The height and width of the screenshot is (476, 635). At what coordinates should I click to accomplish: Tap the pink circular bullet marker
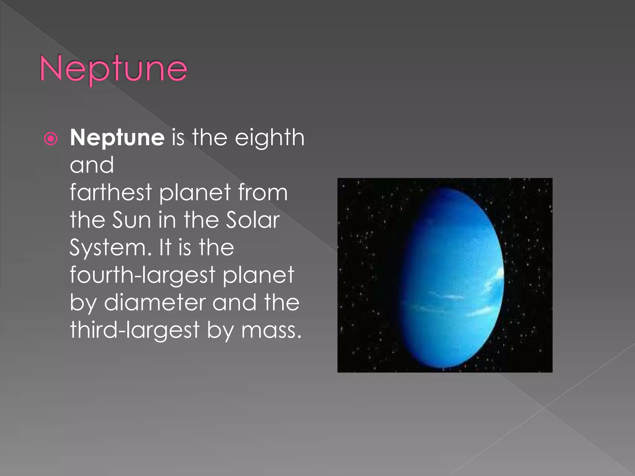click(51, 139)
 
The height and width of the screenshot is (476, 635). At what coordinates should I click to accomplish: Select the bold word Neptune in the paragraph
click(117, 138)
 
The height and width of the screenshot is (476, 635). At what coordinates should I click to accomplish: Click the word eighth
click(269, 138)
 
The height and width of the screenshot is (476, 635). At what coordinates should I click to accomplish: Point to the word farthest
click(111, 192)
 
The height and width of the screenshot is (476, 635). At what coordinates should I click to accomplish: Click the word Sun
click(131, 220)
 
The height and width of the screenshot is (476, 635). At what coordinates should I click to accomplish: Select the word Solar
click(253, 220)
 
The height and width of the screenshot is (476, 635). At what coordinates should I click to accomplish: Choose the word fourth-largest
click(142, 275)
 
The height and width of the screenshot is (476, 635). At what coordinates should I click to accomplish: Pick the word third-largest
click(135, 330)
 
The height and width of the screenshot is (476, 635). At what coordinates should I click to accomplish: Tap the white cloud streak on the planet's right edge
click(496, 279)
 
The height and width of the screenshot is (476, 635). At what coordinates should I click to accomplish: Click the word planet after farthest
click(195, 192)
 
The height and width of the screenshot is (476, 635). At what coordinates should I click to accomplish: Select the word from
click(263, 192)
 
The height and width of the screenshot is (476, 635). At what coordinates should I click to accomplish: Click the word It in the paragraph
click(165, 248)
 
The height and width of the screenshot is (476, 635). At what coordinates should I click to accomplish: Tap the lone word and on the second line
click(92, 165)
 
